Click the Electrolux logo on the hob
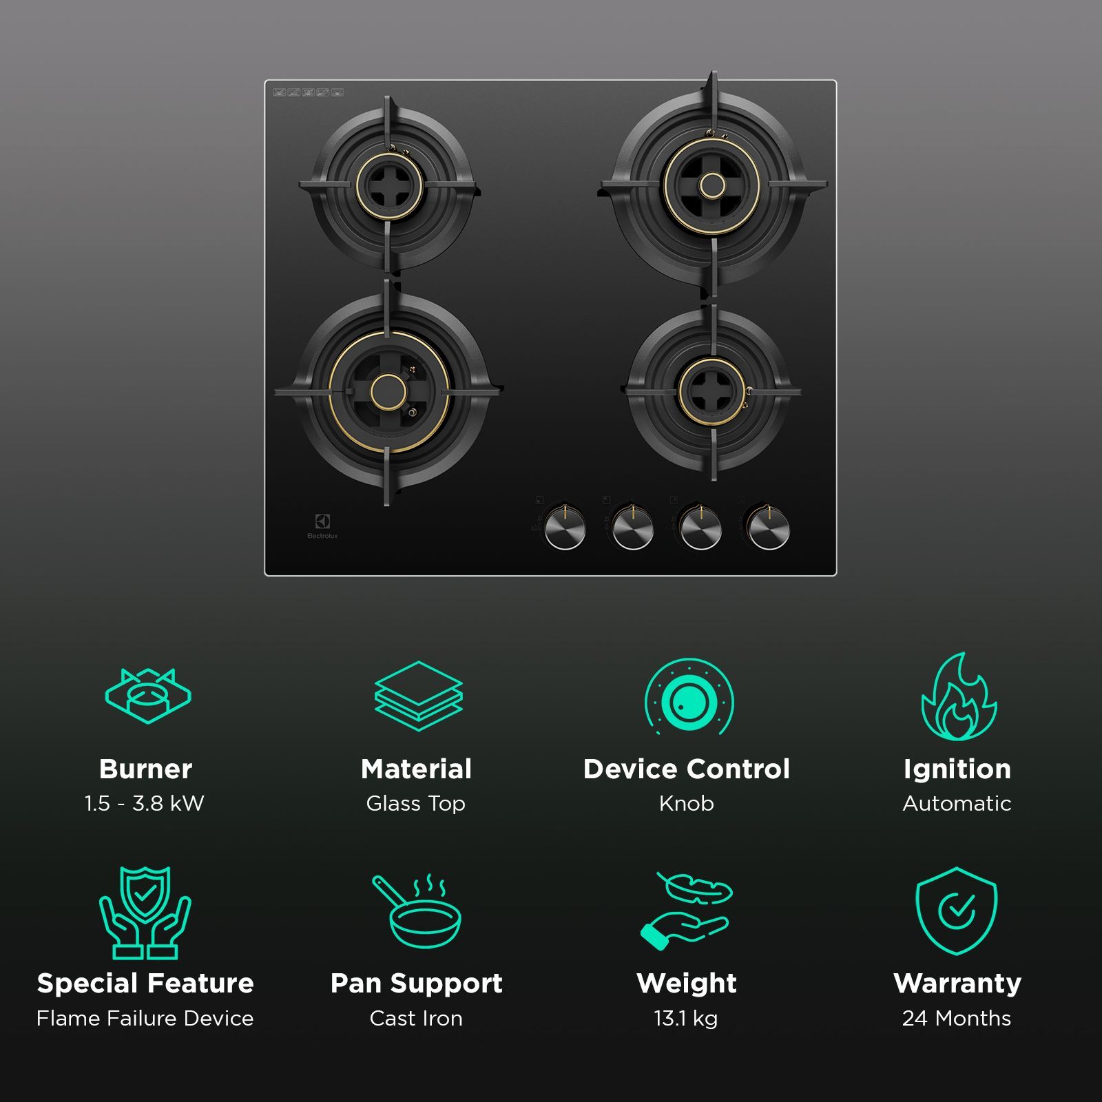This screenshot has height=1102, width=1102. (x=322, y=523)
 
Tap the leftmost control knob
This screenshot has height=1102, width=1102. (x=565, y=529)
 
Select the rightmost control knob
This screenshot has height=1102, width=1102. (x=769, y=529)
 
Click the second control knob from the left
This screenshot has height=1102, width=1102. (x=632, y=529)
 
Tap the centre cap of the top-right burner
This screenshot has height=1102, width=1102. (x=712, y=185)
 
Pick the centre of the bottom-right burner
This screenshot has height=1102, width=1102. (x=713, y=391)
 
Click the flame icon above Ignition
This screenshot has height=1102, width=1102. (x=958, y=697)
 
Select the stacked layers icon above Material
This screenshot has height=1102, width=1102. (x=418, y=696)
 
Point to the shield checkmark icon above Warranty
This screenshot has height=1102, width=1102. (x=956, y=911)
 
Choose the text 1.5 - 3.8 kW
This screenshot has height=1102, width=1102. (x=145, y=803)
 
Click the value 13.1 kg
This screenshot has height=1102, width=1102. (x=686, y=1018)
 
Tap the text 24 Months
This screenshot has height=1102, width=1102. (x=957, y=1018)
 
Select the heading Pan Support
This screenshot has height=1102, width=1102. (x=417, y=984)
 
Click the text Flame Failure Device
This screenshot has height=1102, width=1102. (x=145, y=1018)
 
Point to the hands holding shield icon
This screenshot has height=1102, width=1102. (x=145, y=913)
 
